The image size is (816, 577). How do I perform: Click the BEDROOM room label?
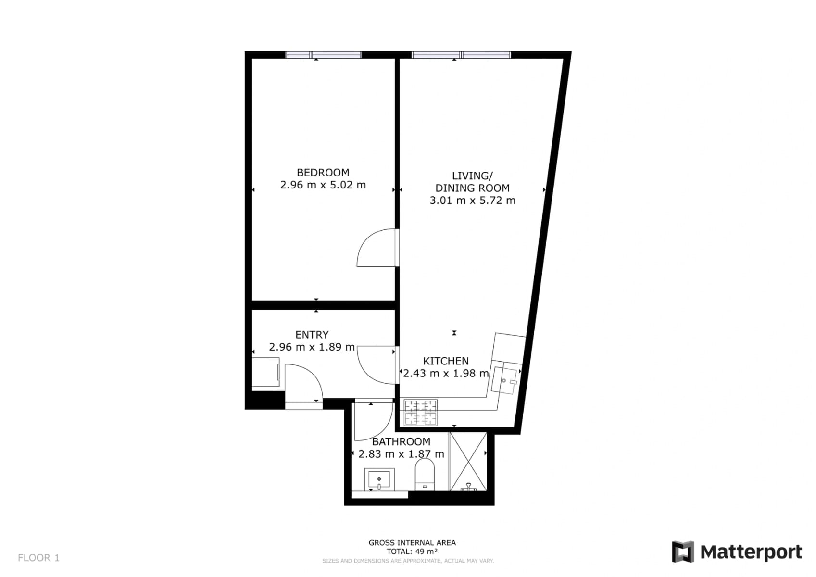point(323,172)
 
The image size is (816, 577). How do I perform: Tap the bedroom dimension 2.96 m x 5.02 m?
point(323,185)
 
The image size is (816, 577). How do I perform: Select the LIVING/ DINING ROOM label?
point(472,182)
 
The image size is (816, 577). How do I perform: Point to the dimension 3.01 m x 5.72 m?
point(472,201)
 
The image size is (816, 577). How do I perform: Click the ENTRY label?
point(312,335)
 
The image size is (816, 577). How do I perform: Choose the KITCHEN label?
point(445,361)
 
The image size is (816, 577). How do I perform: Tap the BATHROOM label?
point(401,441)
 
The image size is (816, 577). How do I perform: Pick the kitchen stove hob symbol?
point(421,413)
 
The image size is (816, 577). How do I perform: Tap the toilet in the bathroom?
point(425,474)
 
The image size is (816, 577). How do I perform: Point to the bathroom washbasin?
point(379,479)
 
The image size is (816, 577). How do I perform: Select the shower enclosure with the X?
point(468,461)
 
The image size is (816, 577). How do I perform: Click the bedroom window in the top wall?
point(323,55)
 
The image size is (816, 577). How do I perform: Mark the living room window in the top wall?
point(461,55)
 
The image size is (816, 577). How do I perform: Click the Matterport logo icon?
point(683,552)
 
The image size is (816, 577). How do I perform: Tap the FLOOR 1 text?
point(38,558)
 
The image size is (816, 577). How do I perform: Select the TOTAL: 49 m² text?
point(412,552)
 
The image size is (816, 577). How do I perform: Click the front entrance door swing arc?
point(308,380)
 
